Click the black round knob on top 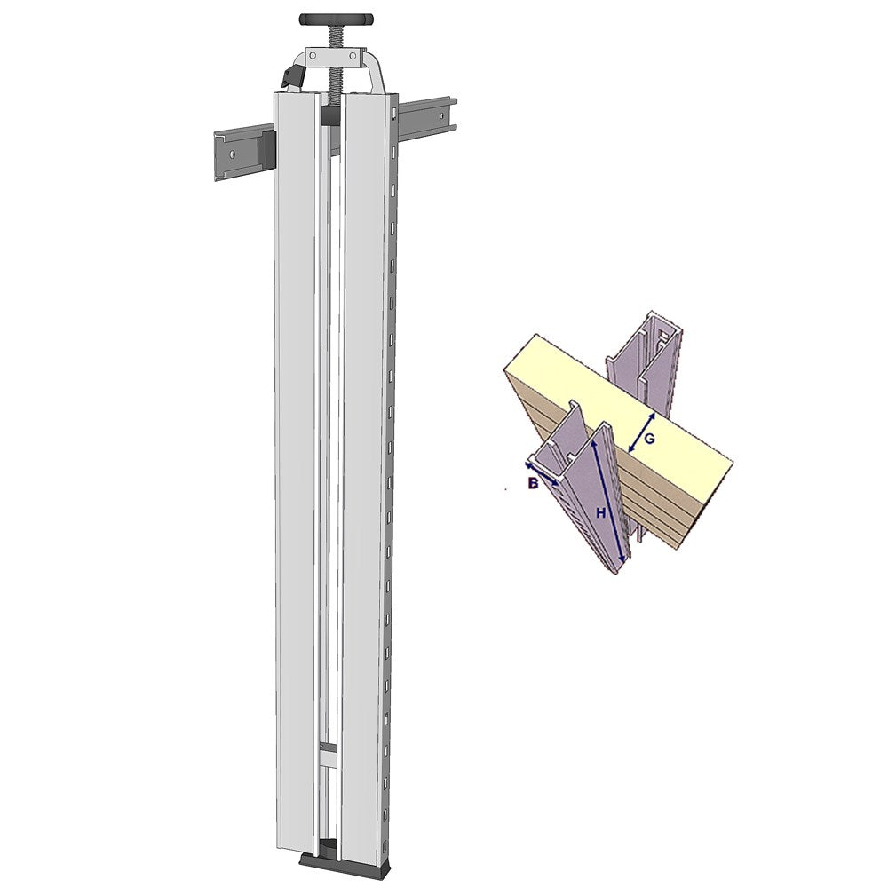(336, 20)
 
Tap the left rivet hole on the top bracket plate (313, 55)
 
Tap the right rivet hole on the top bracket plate (353, 55)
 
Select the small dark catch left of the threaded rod (293, 76)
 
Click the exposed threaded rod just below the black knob (336, 36)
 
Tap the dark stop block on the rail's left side (266, 150)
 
